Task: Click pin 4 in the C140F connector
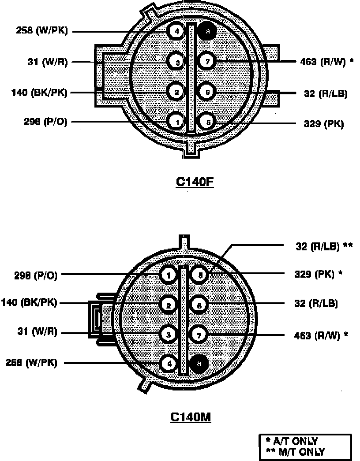pos(176,31)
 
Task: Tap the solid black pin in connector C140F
pos(206,31)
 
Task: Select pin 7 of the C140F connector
pos(206,61)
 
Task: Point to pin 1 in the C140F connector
pos(176,121)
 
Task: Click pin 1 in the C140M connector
pos(168,275)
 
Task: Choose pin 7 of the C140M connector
pos(199,335)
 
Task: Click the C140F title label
pos(195,182)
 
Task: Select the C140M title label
pos(191,417)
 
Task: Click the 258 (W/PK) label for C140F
pos(42,31)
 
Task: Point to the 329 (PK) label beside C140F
pos(323,124)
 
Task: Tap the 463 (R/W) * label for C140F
pos(324,62)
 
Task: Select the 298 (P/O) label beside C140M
pos(35,275)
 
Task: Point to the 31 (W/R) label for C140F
pos(47,62)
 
